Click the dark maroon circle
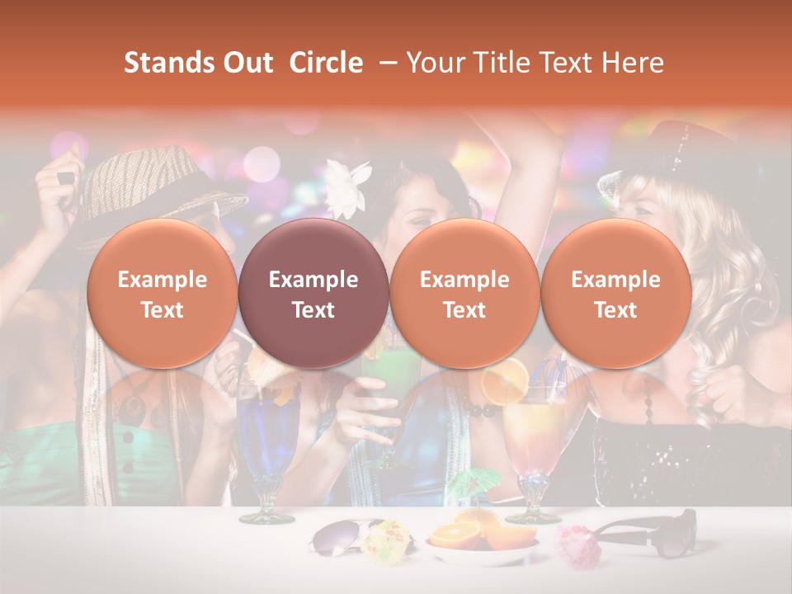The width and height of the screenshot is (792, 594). tap(313, 294)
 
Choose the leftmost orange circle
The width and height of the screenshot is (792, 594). tap(163, 294)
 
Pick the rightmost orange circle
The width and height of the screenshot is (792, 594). tap(615, 294)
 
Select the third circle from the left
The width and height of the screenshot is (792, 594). tap(464, 294)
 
